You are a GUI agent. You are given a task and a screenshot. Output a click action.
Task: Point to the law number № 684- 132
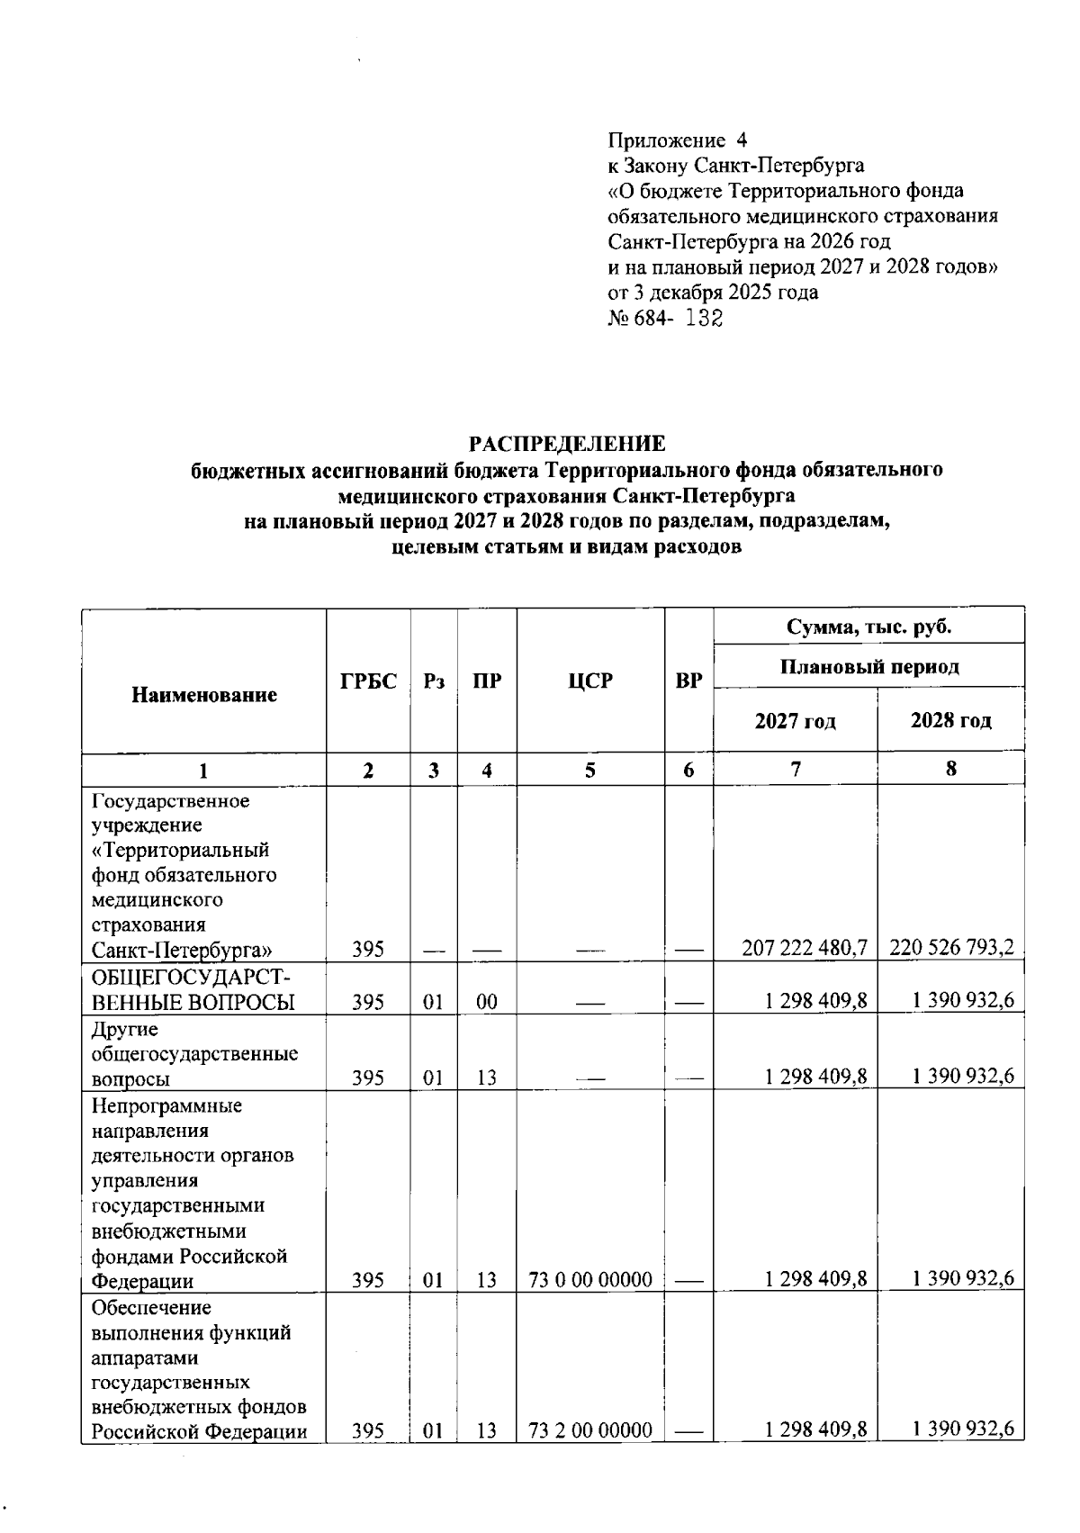pos(665,318)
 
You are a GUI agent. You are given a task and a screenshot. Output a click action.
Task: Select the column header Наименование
pos(204,695)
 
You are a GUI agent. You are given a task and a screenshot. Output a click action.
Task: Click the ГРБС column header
pos(368,681)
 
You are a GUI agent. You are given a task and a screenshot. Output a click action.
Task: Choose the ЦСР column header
pos(590,681)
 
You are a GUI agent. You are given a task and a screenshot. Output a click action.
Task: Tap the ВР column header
pos(688,681)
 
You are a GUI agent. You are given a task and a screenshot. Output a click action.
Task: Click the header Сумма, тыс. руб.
pos(868,627)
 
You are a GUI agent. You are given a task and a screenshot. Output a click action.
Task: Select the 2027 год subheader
pos(795,721)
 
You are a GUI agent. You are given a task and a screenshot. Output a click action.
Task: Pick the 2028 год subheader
pos(950,720)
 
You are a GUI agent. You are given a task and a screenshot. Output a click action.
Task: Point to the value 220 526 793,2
pos(952,947)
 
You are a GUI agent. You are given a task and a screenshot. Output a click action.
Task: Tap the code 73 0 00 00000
pos(590,1279)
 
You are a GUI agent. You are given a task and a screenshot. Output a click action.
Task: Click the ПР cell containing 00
pos(487,1002)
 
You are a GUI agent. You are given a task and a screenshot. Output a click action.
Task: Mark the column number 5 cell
pos(590,771)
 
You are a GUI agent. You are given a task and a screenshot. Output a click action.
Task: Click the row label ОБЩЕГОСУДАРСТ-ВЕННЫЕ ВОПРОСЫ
pos(193,989)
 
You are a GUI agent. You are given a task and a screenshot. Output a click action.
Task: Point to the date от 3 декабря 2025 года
pos(713,293)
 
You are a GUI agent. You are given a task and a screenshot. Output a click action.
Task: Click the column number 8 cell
pos(950,770)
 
